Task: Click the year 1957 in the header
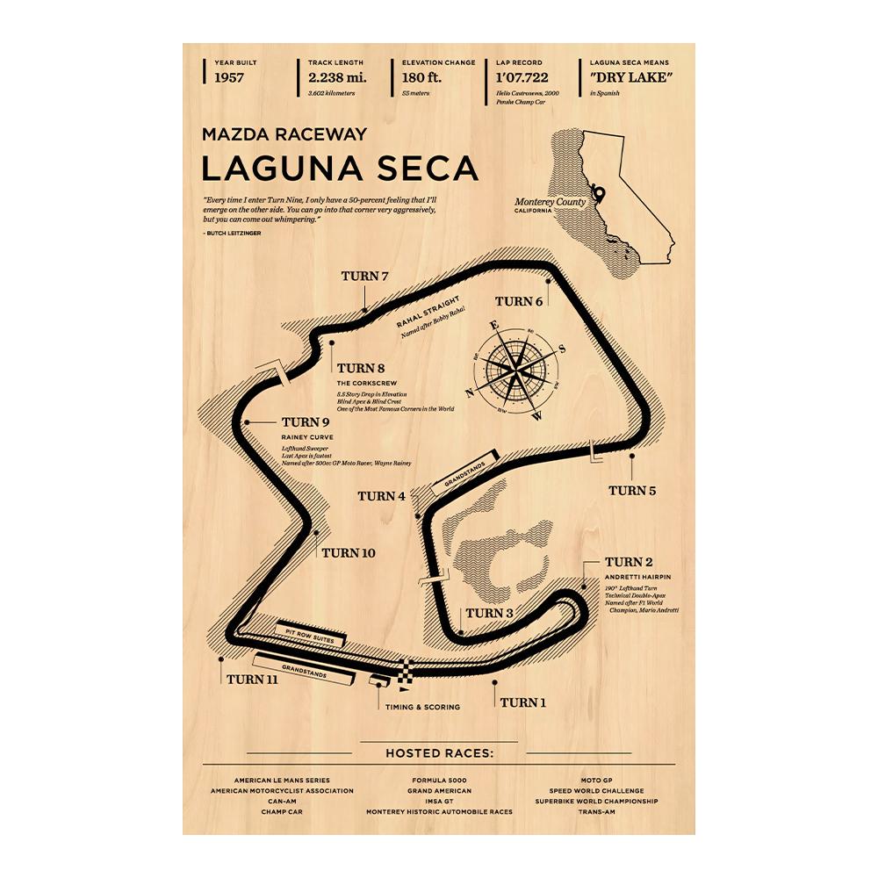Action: [229, 78]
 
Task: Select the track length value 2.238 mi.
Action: [336, 78]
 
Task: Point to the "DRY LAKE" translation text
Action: [631, 78]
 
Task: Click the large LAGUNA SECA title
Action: [340, 167]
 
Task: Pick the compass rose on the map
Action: [516, 369]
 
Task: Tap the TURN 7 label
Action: [364, 277]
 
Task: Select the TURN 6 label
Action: [519, 301]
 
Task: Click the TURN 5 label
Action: [632, 490]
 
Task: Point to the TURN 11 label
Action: [253, 679]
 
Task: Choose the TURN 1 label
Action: [523, 702]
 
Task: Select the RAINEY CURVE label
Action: [307, 436]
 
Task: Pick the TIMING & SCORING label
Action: [421, 706]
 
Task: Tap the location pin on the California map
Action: [599, 192]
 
